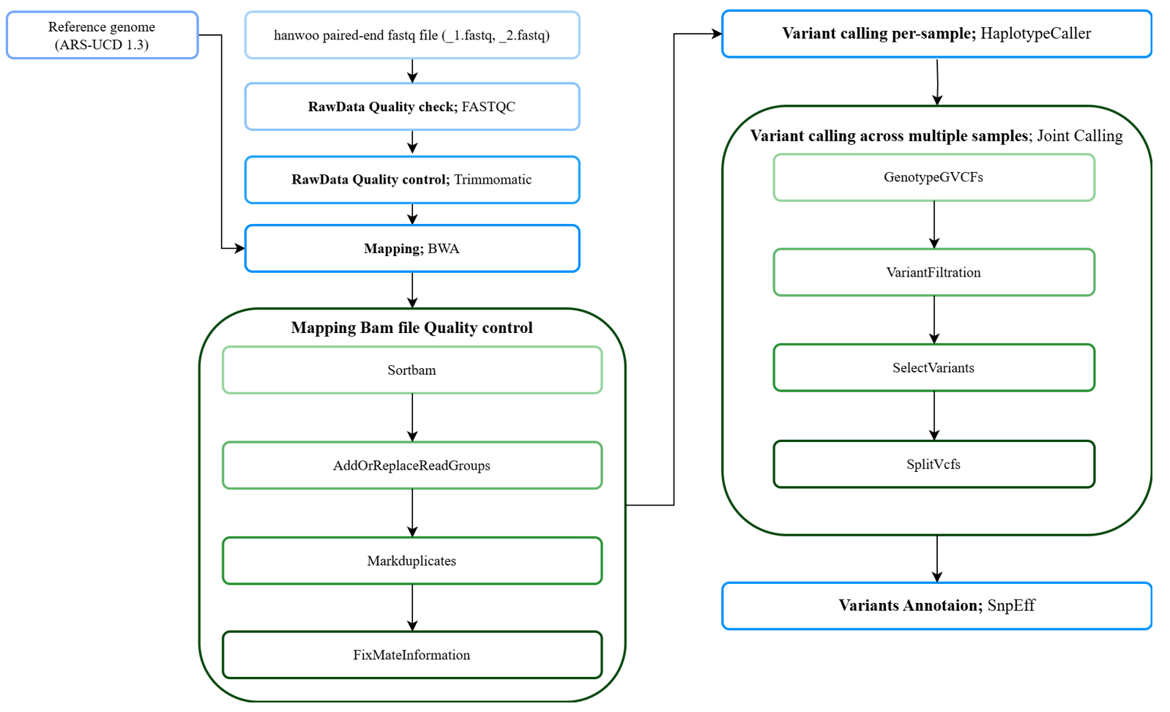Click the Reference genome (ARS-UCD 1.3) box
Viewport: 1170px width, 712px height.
(x=103, y=35)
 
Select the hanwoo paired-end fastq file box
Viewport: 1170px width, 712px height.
(x=412, y=35)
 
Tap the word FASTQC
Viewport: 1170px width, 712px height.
(x=488, y=107)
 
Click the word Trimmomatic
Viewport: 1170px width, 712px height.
(x=493, y=179)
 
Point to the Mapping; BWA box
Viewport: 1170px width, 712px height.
(x=412, y=249)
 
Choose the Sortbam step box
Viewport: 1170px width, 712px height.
(x=412, y=370)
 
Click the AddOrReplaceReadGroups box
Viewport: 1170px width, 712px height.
(x=412, y=465)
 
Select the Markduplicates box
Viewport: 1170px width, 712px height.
(x=412, y=561)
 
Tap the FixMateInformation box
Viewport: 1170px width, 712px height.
(x=412, y=655)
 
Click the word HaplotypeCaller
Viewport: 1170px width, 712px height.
(x=1036, y=34)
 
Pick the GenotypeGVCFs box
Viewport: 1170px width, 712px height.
(x=934, y=178)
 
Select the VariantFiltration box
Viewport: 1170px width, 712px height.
(x=934, y=272)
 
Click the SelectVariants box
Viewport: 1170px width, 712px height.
(x=934, y=367)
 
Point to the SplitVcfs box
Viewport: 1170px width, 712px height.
(x=934, y=464)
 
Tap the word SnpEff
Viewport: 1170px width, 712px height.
(x=1011, y=605)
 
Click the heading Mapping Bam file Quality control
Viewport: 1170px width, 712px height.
(x=411, y=328)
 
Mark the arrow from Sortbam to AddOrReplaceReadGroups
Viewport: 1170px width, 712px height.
(x=412, y=418)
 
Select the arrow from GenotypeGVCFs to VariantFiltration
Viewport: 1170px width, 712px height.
(x=934, y=225)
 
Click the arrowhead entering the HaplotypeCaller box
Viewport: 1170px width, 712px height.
(x=717, y=34)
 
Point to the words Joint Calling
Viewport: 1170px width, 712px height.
(x=1080, y=136)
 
